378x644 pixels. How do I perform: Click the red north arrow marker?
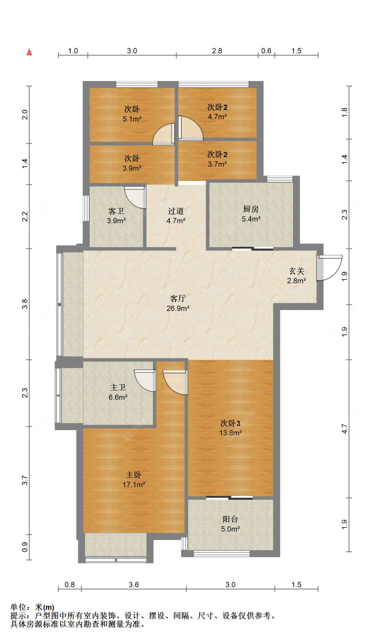click(30, 52)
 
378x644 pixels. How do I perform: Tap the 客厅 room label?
click(178, 298)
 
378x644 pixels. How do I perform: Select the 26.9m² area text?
click(178, 308)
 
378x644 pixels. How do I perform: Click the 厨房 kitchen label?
click(251, 209)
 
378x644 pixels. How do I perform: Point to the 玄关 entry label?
click(296, 271)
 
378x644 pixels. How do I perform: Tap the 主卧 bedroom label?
click(134, 475)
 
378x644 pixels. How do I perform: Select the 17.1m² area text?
click(134, 485)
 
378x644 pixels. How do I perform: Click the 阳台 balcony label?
click(230, 519)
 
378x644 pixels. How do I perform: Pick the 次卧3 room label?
click(230, 423)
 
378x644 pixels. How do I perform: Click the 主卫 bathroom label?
click(118, 387)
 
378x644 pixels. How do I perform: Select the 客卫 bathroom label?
click(116, 211)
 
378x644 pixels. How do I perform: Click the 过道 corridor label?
click(176, 211)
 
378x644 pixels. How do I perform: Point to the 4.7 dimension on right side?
click(344, 428)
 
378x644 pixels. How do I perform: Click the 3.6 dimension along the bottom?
click(134, 584)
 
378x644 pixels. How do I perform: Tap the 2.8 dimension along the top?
click(217, 51)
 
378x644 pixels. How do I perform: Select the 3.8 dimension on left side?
click(25, 304)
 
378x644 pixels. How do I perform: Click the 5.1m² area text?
click(132, 119)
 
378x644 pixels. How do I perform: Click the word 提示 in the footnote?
click(18, 615)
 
